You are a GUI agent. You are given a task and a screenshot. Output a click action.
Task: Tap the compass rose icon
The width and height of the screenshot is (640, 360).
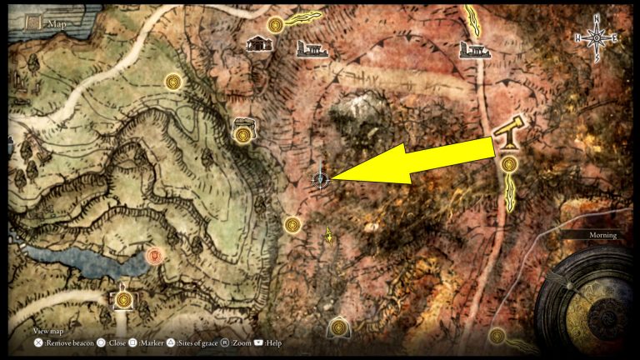tap(597, 37)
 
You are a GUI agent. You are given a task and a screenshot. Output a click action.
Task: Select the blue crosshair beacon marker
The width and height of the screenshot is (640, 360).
tap(320, 178)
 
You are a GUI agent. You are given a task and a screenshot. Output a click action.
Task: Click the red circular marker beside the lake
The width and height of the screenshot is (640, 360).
tap(153, 255)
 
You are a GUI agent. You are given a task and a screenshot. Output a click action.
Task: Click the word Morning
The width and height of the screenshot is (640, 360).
tap(602, 235)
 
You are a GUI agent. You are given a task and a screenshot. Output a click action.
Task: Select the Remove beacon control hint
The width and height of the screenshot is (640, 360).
tap(63, 342)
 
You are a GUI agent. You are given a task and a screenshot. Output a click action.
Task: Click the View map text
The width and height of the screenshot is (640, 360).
tap(48, 330)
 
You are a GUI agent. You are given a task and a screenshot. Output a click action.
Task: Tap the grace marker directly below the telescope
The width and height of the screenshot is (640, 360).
tap(508, 165)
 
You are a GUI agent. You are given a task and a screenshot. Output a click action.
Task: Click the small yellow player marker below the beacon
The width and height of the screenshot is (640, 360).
tap(330, 236)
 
